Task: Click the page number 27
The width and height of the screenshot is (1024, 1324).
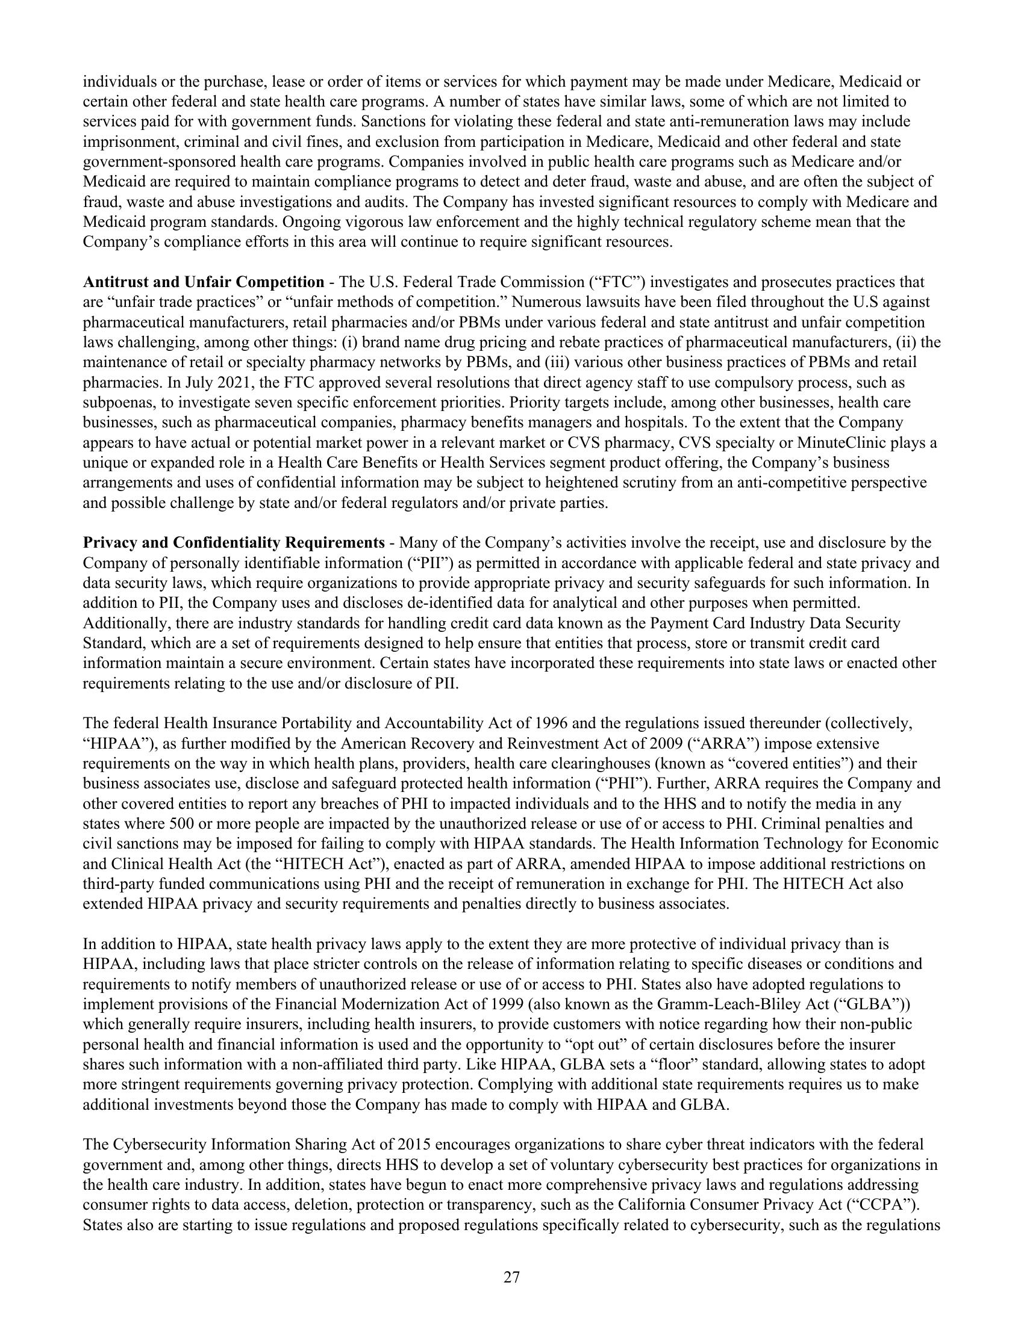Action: [x=511, y=1278]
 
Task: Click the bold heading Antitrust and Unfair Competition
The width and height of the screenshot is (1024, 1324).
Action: [x=203, y=282]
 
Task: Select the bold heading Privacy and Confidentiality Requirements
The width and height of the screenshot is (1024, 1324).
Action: [x=234, y=543]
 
